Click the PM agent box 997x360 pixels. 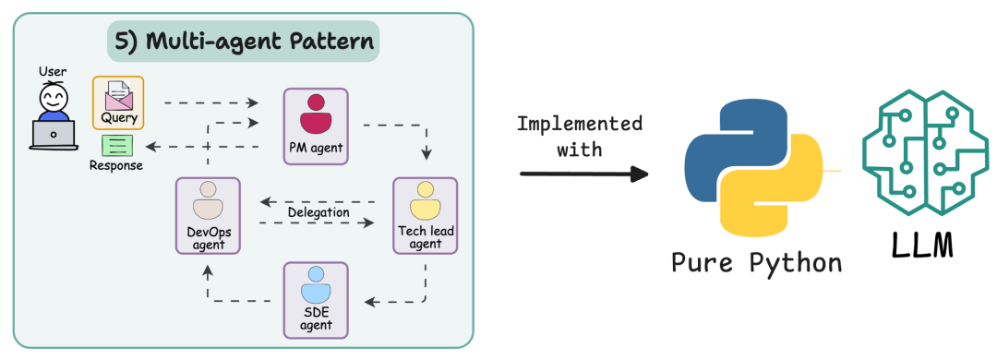tap(316, 126)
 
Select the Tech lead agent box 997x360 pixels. tap(425, 216)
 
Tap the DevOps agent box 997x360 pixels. tap(208, 216)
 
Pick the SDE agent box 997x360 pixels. tap(316, 300)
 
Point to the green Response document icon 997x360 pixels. tap(116, 146)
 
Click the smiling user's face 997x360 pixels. tap(54, 98)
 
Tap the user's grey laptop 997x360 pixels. tap(54, 135)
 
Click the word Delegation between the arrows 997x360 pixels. tap(318, 212)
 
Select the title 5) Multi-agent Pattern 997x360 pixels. tap(244, 42)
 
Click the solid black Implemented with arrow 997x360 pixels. tap(583, 174)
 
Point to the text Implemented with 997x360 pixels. tap(579, 136)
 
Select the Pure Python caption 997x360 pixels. tap(757, 262)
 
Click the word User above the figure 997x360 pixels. tap(53, 71)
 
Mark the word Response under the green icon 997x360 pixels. tap(116, 166)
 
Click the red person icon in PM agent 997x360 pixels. tap(316, 114)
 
